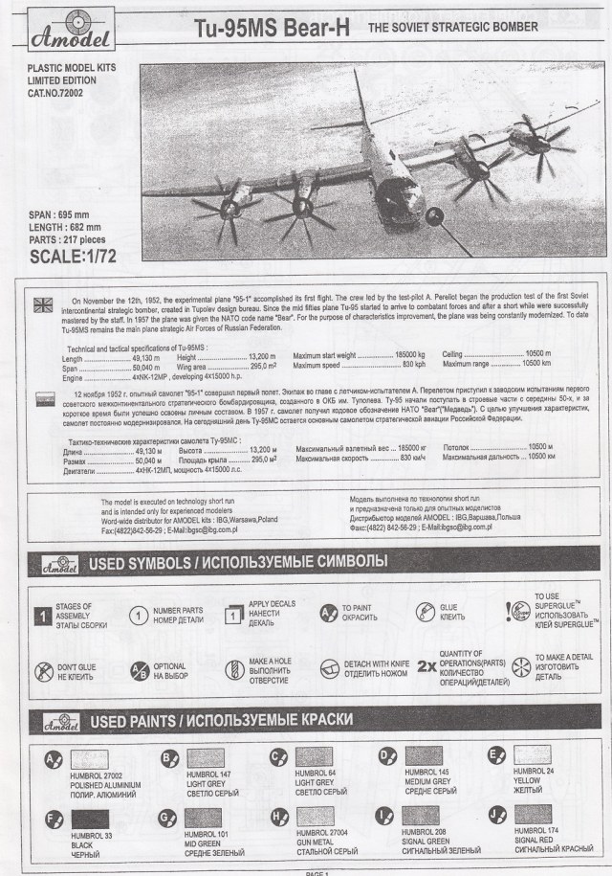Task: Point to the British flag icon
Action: click(44, 304)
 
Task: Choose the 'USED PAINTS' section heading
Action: click(220, 719)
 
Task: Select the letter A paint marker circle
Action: click(54, 762)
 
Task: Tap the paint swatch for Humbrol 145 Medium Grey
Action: click(429, 758)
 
